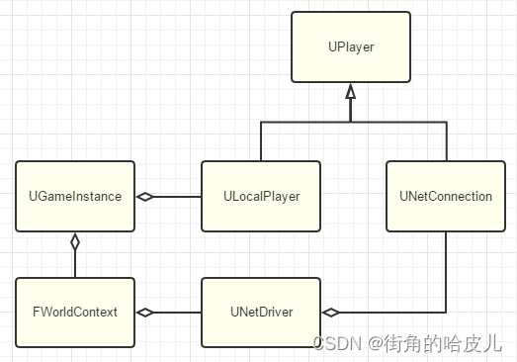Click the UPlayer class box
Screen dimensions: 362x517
tap(350, 46)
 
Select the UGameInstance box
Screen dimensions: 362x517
tap(75, 196)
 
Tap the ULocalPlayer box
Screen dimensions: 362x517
tap(261, 196)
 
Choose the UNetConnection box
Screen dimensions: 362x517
tap(446, 196)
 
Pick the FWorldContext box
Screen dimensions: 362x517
tap(75, 313)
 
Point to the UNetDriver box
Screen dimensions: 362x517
tap(261, 313)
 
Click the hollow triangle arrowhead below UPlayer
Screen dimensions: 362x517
tap(350, 92)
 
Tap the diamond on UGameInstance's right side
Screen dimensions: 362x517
tap(145, 196)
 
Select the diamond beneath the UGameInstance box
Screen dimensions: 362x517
tap(75, 241)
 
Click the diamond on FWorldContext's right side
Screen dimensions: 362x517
tap(145, 313)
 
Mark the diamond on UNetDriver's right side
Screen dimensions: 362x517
tap(331, 313)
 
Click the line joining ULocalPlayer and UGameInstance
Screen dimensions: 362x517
tap(178, 196)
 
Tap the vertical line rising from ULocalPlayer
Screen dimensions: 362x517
tap(261, 141)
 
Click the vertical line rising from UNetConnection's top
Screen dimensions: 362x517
tap(446, 141)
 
